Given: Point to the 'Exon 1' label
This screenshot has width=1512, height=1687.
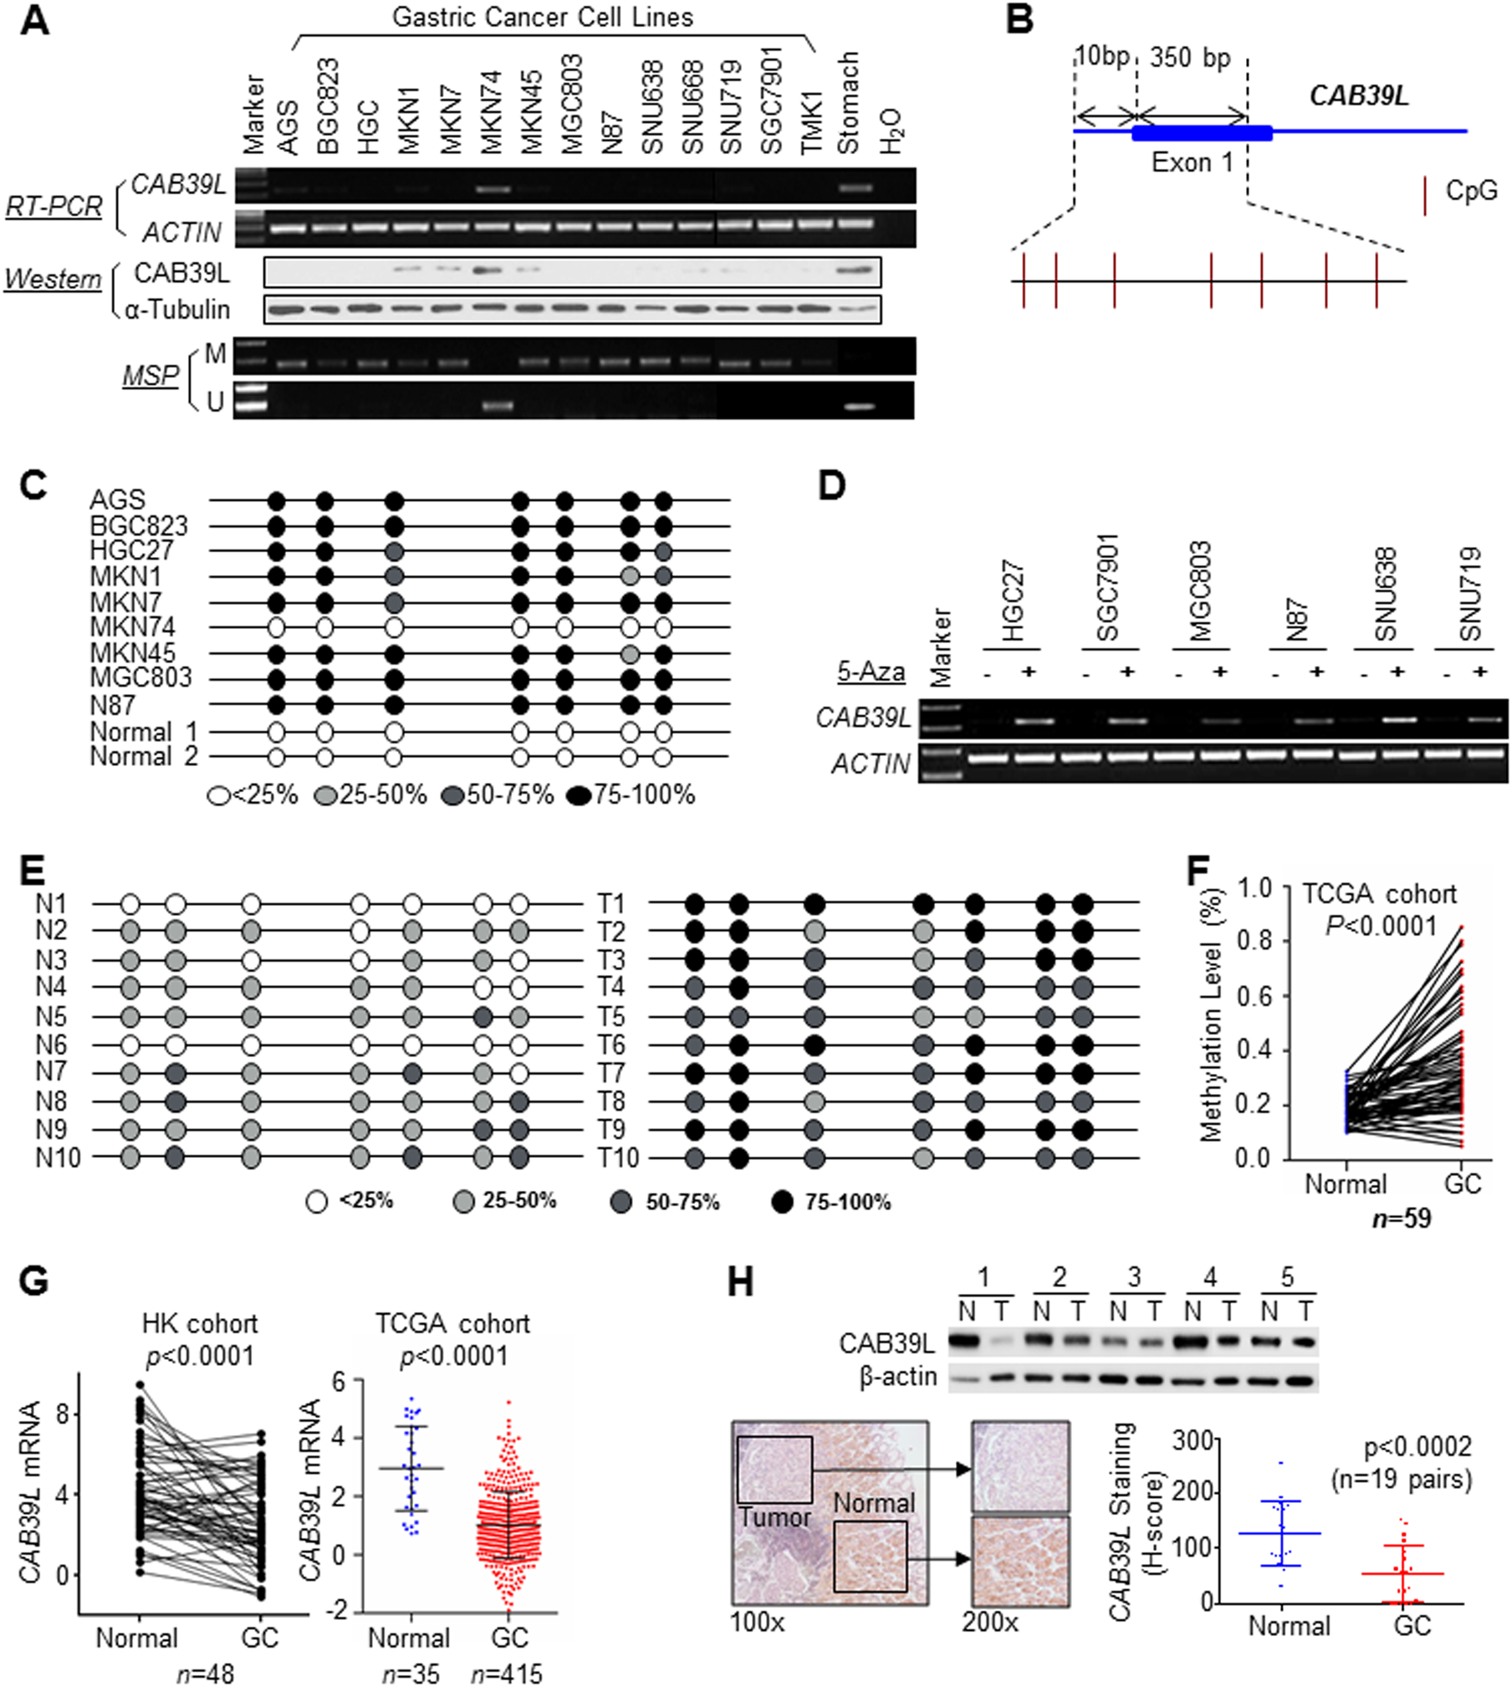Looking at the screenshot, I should pyautogui.click(x=1192, y=162).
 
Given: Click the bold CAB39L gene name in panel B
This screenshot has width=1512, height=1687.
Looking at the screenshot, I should pyautogui.click(x=1358, y=95).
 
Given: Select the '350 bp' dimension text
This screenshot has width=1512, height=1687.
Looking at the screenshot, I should pyautogui.click(x=1189, y=58).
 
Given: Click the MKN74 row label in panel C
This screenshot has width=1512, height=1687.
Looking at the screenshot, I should pyautogui.click(x=133, y=627).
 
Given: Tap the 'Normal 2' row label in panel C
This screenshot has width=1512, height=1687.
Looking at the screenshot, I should pyautogui.click(x=144, y=757).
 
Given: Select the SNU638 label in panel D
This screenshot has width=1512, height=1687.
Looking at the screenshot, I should pyautogui.click(x=1384, y=594).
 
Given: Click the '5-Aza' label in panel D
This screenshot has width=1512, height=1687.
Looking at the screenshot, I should pyautogui.click(x=871, y=672).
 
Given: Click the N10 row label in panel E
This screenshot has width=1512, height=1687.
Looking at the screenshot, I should pyautogui.click(x=58, y=1158).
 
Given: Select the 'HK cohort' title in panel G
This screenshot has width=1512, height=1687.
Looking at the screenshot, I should pyautogui.click(x=199, y=1324).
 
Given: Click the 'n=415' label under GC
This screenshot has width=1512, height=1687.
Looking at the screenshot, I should pyautogui.click(x=506, y=1674).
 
